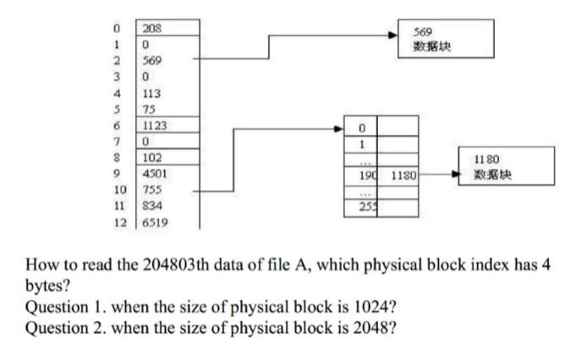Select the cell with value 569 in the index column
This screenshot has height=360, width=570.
click(169, 60)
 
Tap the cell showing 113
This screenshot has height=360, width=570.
click(169, 93)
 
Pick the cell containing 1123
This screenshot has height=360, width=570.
click(169, 125)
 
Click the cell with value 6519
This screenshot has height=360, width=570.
click(169, 221)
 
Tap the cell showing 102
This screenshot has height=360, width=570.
click(169, 157)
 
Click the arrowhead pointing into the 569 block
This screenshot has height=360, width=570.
click(392, 35)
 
